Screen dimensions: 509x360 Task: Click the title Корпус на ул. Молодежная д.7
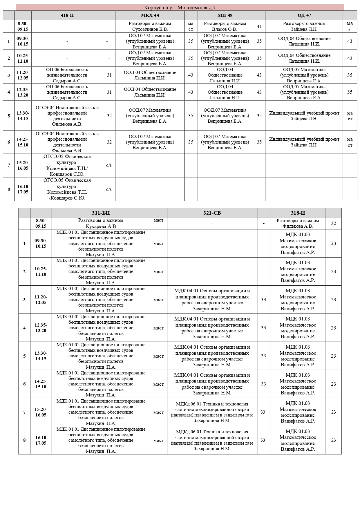click(180, 8)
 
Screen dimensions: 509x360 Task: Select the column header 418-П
click(67, 15)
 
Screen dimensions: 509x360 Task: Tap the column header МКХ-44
click(150, 15)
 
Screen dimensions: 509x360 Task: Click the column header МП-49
click(225, 15)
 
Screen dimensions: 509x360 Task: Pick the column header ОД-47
click(304, 15)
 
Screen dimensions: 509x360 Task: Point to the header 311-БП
click(101, 213)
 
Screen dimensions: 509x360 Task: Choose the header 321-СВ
click(212, 213)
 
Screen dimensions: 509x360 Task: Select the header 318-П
click(298, 213)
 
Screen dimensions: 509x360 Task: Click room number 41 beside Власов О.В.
click(259, 26)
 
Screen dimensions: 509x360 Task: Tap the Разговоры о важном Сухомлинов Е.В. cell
click(150, 26)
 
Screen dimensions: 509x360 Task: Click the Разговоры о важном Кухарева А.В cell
click(101, 223)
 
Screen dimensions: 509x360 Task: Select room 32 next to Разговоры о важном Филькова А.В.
click(333, 223)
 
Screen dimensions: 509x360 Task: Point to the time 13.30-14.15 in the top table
click(23, 116)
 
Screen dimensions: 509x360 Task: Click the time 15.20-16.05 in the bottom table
click(41, 412)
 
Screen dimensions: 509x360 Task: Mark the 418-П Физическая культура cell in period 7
click(67, 165)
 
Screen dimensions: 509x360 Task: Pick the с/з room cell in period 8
click(109, 189)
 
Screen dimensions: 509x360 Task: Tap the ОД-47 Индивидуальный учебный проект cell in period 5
click(304, 116)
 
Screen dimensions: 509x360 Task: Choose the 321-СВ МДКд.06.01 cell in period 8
click(212, 440)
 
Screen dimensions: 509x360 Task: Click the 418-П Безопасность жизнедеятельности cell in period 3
click(67, 75)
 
